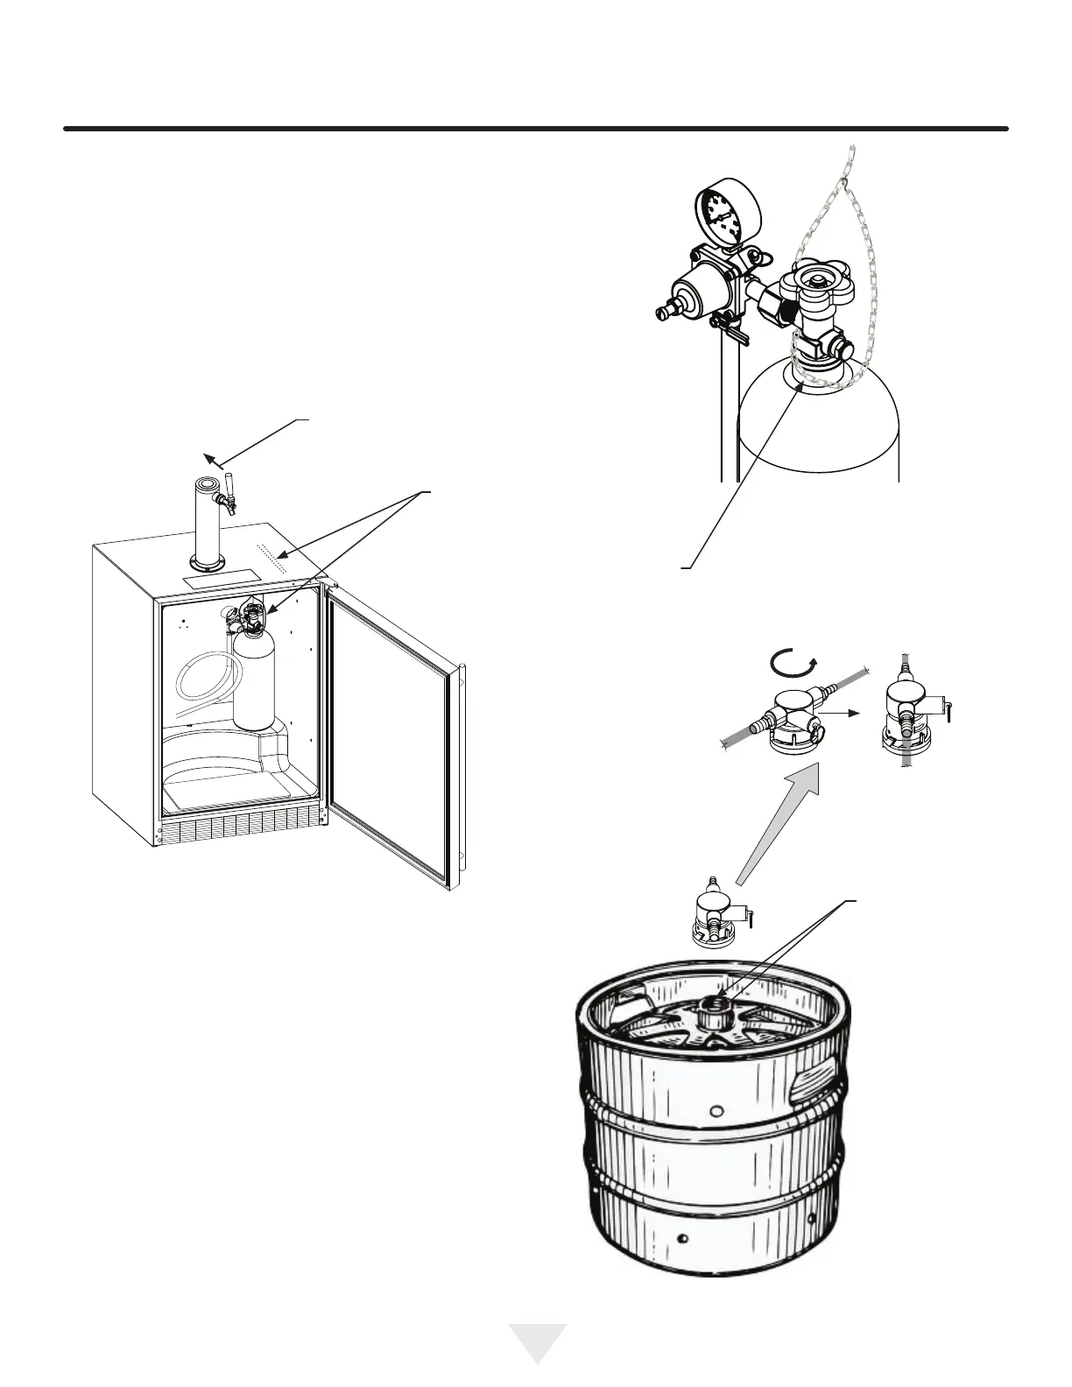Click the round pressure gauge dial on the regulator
coord(724,211)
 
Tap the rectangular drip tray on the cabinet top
coord(220,581)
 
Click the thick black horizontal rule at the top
coord(536,130)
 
